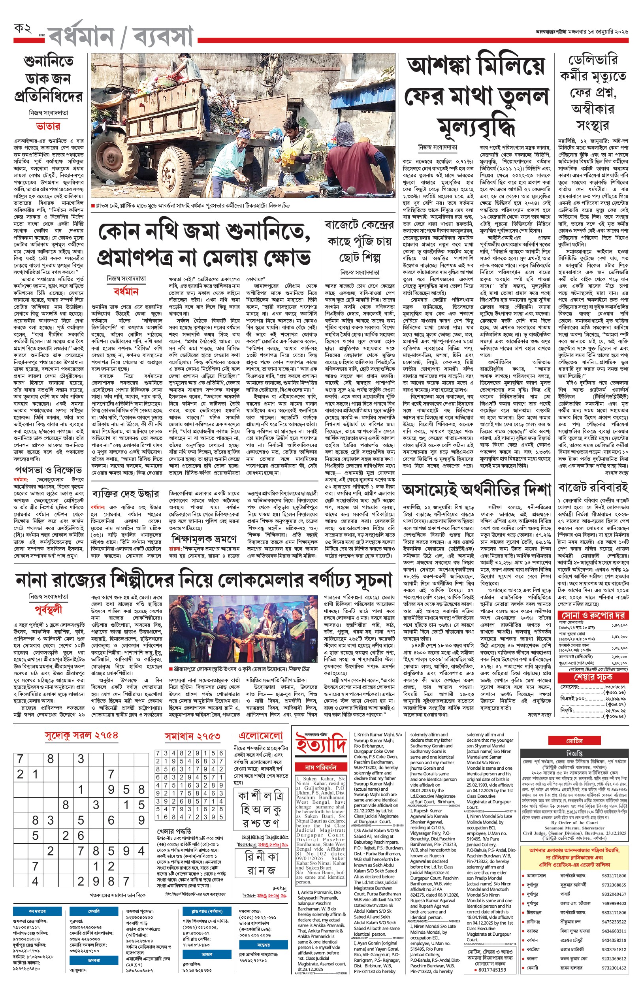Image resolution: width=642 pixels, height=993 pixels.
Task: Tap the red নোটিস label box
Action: pos(574,741)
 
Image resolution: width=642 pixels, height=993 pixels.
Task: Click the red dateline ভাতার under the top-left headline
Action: pos(48,126)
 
